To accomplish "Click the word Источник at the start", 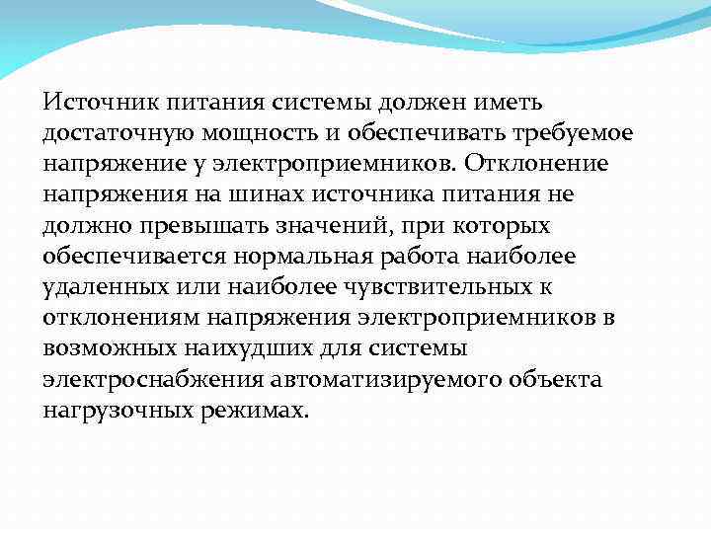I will coord(91,102).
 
